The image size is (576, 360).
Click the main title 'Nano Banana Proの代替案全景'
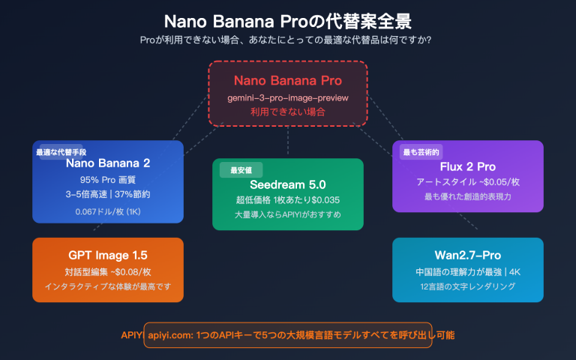point(288,19)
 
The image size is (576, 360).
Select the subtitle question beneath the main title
point(288,40)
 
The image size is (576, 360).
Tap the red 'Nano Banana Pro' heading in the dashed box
point(288,81)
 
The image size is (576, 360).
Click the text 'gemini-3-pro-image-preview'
point(288,98)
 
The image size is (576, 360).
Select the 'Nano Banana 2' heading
point(108,163)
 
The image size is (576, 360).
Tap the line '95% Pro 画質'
point(108,180)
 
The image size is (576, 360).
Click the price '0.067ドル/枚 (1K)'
point(108,211)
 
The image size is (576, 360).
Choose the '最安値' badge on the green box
point(235,170)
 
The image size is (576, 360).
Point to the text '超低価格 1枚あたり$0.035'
point(288,200)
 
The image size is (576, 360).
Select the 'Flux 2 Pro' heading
point(468,166)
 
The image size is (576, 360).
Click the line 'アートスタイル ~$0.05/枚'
point(468,182)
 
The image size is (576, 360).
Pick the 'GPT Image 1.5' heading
point(108,255)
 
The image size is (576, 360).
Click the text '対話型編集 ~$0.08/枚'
point(108,271)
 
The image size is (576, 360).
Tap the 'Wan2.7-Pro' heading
point(468,255)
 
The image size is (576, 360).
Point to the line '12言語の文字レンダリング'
point(468,286)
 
